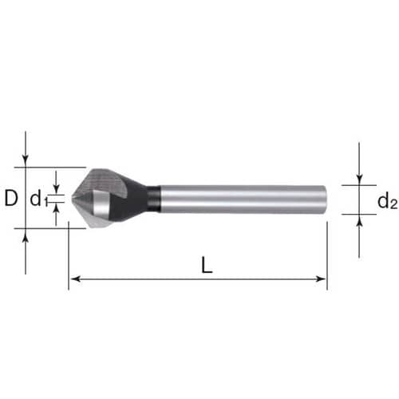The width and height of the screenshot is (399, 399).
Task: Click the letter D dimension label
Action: pyautogui.click(x=11, y=198)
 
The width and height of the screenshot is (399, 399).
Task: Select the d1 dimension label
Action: pyautogui.click(x=38, y=199)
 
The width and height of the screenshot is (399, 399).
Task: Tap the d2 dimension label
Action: pyautogui.click(x=387, y=200)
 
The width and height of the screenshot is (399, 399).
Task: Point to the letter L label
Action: pyautogui.click(x=207, y=265)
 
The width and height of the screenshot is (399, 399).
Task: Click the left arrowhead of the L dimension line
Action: pyautogui.click(x=76, y=279)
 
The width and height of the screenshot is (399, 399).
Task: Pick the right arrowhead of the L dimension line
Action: pyautogui.click(x=321, y=279)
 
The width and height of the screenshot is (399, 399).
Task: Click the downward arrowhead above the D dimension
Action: pyautogui.click(x=26, y=162)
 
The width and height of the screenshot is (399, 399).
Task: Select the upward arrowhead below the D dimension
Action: pyautogui.click(x=26, y=234)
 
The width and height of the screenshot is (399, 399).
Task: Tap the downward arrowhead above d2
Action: pyautogui.click(x=359, y=180)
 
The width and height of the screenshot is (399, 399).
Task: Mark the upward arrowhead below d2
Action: pyautogui.click(x=359, y=219)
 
